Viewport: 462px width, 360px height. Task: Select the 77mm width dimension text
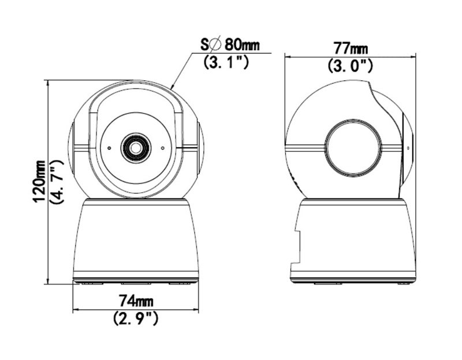350,48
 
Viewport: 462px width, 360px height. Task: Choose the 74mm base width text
136,301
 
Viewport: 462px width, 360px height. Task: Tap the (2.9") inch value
136,318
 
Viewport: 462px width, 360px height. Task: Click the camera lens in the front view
136,148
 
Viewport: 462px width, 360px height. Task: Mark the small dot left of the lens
109,148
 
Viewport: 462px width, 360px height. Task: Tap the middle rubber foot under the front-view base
136,283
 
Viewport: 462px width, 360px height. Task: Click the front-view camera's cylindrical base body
136,239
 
